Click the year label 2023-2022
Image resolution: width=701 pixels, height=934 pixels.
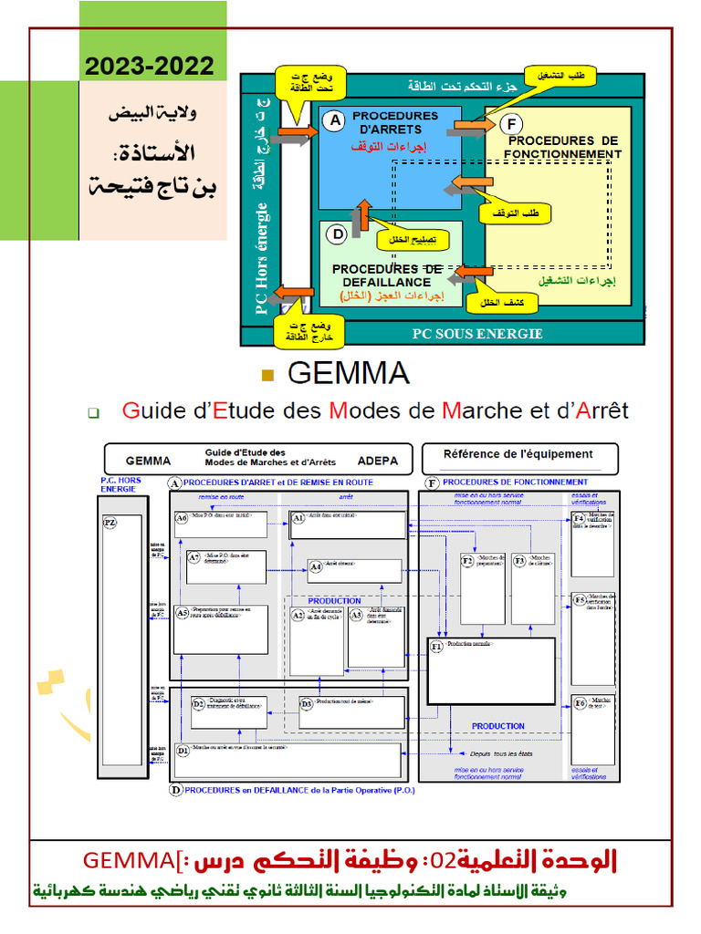(151, 66)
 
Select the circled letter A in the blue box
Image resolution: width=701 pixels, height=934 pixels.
(334, 119)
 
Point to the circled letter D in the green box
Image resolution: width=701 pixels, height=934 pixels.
(338, 233)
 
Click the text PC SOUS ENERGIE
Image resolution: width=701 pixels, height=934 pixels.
(476, 334)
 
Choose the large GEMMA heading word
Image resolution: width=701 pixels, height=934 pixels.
(348, 373)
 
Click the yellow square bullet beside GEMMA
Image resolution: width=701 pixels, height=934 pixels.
(267, 374)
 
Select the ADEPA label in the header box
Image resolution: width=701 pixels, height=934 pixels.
(378, 461)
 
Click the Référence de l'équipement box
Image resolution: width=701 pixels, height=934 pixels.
(518, 454)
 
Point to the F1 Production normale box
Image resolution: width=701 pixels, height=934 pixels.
(492, 671)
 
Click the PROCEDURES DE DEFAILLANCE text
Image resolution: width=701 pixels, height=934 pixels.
(387, 275)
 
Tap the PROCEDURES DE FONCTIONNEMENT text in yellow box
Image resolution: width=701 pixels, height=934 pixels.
(564, 147)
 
